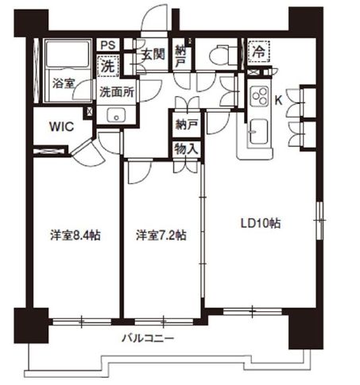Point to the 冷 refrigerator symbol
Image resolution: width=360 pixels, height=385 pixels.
click(258, 50)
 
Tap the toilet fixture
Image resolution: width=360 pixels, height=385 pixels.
click(218, 55)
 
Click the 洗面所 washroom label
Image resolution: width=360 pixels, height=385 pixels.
click(116, 91)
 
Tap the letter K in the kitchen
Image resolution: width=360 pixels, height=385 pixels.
click(278, 100)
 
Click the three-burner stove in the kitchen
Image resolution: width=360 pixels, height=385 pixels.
click(260, 96)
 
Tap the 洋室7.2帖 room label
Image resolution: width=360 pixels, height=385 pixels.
click(161, 235)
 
